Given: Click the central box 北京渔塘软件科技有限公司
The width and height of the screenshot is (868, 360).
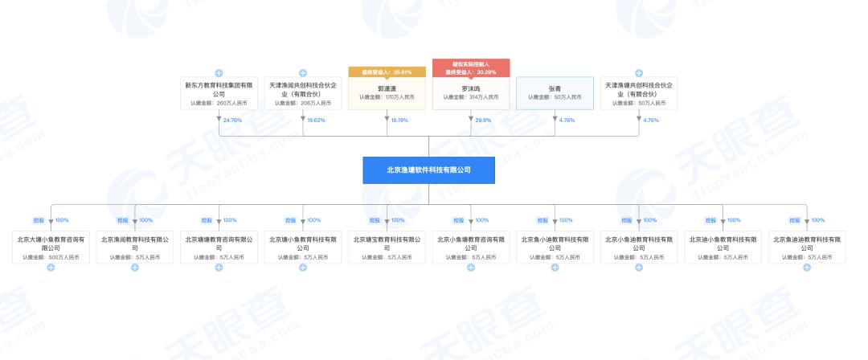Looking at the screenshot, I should click(428, 170).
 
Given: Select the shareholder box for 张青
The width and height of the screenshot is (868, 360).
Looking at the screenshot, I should click(555, 93).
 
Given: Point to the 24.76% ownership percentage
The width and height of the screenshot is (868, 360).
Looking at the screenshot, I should click(232, 121).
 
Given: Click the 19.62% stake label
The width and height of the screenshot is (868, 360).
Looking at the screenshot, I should click(317, 121).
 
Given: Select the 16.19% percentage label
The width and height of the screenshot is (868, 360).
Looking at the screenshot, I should click(400, 121).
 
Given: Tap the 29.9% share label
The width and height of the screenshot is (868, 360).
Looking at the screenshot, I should click(482, 121).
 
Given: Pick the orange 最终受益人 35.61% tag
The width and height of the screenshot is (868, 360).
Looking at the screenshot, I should click(387, 72).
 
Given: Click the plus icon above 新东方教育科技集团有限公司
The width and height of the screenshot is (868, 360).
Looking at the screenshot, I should click(219, 73).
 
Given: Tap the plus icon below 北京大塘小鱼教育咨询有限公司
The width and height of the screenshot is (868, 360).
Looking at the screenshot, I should click(51, 267).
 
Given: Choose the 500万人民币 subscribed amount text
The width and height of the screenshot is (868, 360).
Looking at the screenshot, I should click(58, 257).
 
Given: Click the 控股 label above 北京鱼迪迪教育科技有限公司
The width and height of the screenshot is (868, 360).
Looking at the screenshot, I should click(794, 220).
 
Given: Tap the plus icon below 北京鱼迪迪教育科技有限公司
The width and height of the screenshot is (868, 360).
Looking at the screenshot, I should click(806, 267).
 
